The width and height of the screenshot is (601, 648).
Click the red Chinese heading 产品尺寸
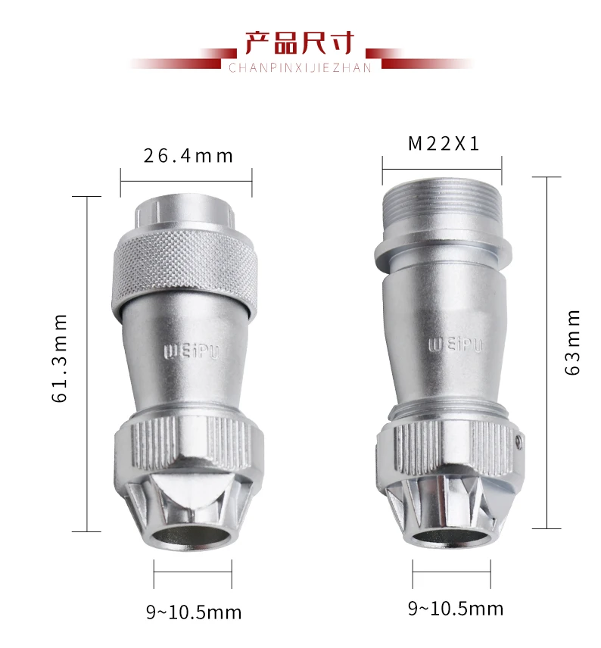click(x=299, y=42)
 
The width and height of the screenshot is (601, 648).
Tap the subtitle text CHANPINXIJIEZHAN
click(x=300, y=68)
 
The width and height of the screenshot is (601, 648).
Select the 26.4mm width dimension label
click(x=188, y=156)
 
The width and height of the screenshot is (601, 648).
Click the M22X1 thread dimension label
click(x=444, y=144)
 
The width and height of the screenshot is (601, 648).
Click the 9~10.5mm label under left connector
click(x=194, y=612)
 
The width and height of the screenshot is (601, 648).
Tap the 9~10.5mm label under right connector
click(x=456, y=608)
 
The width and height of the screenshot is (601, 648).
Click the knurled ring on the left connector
click(x=186, y=269)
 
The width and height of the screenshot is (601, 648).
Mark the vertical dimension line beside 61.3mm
click(x=88, y=363)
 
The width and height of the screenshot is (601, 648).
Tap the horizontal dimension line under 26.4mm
click(x=186, y=181)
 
